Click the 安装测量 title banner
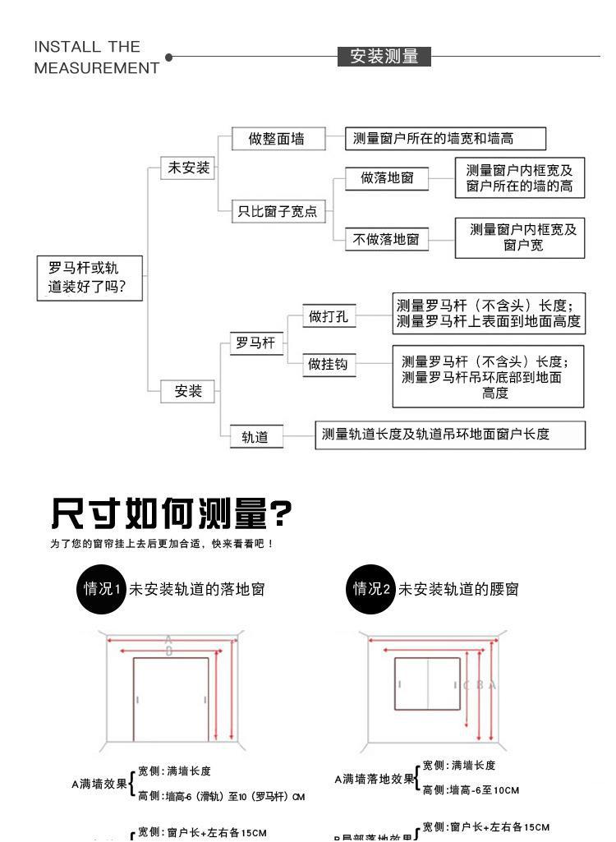pyautogui.click(x=384, y=57)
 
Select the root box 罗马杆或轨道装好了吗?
pyautogui.click(x=91, y=278)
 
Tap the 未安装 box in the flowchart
pyautogui.click(x=189, y=168)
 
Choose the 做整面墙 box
pyautogui.click(x=277, y=139)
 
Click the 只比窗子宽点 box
pyautogui.click(x=277, y=212)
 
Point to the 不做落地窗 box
pyautogui.click(x=386, y=240)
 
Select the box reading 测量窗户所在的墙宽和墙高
pyautogui.click(x=446, y=139)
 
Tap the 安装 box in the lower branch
pyautogui.click(x=188, y=392)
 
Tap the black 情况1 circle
pyautogui.click(x=101, y=589)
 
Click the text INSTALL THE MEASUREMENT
pyautogui.click(x=97, y=57)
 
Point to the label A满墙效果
pyautogui.click(x=99, y=784)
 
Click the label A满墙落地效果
pyautogui.click(x=374, y=779)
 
